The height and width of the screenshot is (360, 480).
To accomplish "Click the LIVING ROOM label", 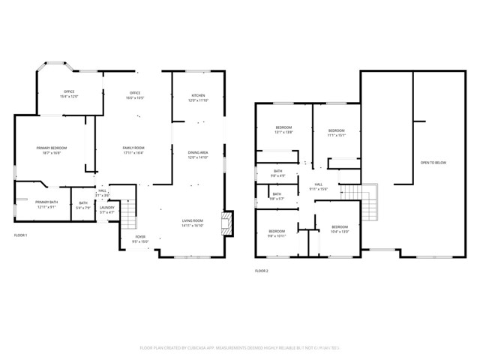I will (x=193, y=222).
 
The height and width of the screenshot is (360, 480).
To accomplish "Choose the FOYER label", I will (x=140, y=239).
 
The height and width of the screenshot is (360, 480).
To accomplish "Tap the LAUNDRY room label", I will (x=107, y=210).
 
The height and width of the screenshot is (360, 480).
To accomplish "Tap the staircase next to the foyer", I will (x=128, y=217).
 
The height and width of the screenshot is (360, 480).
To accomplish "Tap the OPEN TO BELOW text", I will (x=433, y=163).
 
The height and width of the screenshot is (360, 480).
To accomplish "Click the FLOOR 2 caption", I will (x=261, y=270).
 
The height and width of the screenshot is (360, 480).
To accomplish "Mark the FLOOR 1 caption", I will (x=20, y=235).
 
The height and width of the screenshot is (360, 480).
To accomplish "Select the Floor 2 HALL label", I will (x=319, y=186).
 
